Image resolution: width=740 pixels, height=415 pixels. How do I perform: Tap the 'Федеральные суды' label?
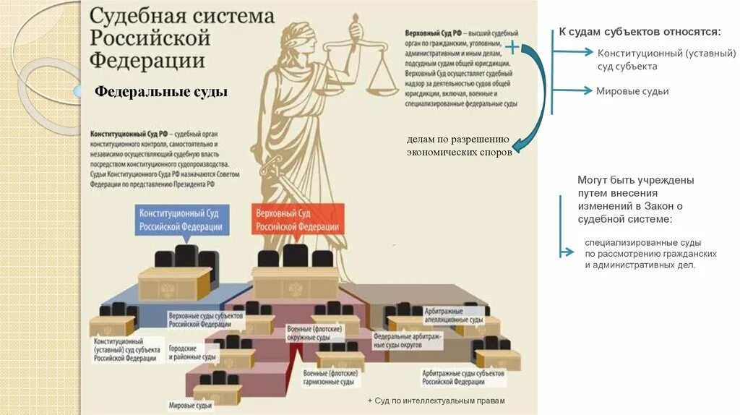coord(161,92)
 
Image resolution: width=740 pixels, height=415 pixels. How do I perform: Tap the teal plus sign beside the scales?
coord(511,48)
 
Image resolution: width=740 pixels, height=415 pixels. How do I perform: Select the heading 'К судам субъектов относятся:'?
coord(639,33)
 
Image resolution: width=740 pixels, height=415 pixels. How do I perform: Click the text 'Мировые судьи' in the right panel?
coord(632,91)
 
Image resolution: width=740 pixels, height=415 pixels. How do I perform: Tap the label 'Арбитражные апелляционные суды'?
coord(455,316)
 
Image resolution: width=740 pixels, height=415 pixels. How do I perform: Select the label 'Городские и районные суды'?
coord(192,352)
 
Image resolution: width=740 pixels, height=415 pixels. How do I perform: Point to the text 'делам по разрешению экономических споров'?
coord(458,146)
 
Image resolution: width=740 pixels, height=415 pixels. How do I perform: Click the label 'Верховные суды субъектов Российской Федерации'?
coord(205,320)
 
